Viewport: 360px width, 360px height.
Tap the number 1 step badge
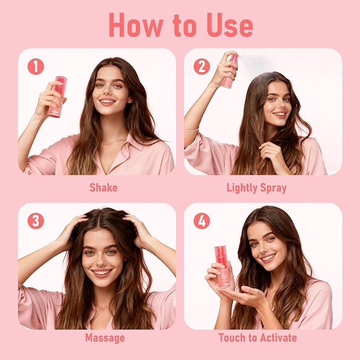coord(36,66)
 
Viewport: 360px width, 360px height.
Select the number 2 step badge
coord(201,66)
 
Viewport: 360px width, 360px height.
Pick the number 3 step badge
coord(36,221)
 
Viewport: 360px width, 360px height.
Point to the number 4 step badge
coord(201,221)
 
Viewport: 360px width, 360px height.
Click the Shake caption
coord(103,187)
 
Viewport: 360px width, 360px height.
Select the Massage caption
coord(104,337)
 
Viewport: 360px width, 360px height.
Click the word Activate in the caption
coord(275,337)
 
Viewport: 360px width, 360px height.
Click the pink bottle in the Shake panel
coord(57,96)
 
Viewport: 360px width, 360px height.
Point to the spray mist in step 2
coord(254,61)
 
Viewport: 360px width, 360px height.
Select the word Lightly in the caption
coord(242,187)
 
